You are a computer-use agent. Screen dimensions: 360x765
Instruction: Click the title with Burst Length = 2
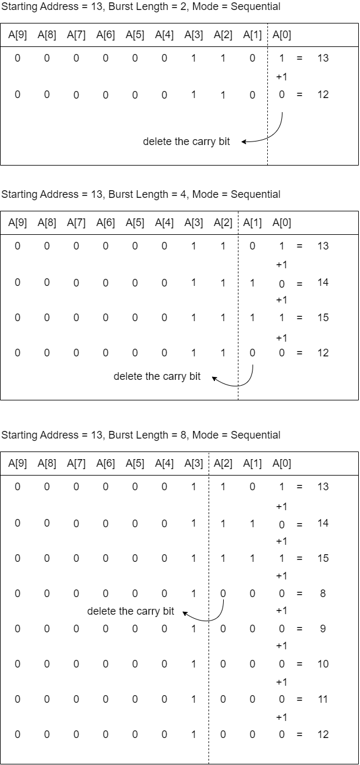[x=148, y=6]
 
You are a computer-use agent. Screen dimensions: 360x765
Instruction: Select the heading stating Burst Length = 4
[x=148, y=194]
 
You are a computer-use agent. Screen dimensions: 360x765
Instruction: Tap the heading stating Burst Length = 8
[x=148, y=435]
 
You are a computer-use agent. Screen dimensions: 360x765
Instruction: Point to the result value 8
[x=323, y=594]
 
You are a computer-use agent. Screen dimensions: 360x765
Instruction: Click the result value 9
[x=323, y=629]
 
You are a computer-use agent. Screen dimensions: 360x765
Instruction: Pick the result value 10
[x=323, y=664]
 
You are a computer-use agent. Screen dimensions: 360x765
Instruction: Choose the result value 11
[x=323, y=699]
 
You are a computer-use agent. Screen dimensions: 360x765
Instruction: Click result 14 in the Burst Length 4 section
[x=323, y=282]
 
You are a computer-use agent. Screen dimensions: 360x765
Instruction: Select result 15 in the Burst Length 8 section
[x=323, y=558]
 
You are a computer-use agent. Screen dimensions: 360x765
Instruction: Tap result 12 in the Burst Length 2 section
[x=323, y=95]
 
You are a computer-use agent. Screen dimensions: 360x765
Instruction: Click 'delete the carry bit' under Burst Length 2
[x=186, y=141]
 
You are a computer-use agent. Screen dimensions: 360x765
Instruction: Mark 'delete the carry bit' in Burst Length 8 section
[x=130, y=611]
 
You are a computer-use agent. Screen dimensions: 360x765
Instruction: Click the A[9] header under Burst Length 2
[x=18, y=35]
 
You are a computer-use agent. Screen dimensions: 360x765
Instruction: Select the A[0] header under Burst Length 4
[x=282, y=223]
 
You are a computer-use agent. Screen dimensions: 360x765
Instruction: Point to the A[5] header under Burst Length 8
[x=135, y=464]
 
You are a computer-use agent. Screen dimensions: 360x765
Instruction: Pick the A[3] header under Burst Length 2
[x=194, y=35]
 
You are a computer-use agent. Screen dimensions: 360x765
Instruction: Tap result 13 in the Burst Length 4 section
[x=323, y=246]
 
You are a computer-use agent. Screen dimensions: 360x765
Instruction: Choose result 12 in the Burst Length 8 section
[x=323, y=734]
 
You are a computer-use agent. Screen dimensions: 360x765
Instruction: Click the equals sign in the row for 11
[x=300, y=699]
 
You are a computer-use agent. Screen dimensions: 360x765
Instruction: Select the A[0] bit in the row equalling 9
[x=282, y=629]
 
